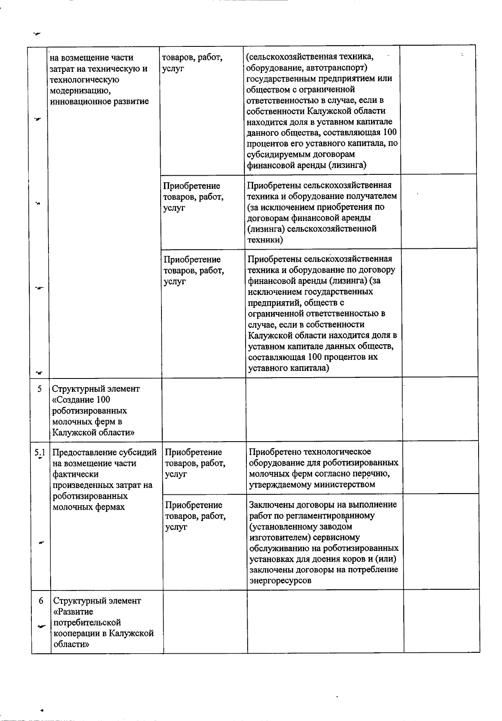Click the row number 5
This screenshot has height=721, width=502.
39,389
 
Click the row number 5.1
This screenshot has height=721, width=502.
40,452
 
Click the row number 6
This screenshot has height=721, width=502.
41,601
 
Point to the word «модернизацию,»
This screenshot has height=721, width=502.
80,90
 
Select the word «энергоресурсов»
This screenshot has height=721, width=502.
280,580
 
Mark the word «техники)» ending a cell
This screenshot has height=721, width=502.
265,240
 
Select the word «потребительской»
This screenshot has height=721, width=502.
87,623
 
